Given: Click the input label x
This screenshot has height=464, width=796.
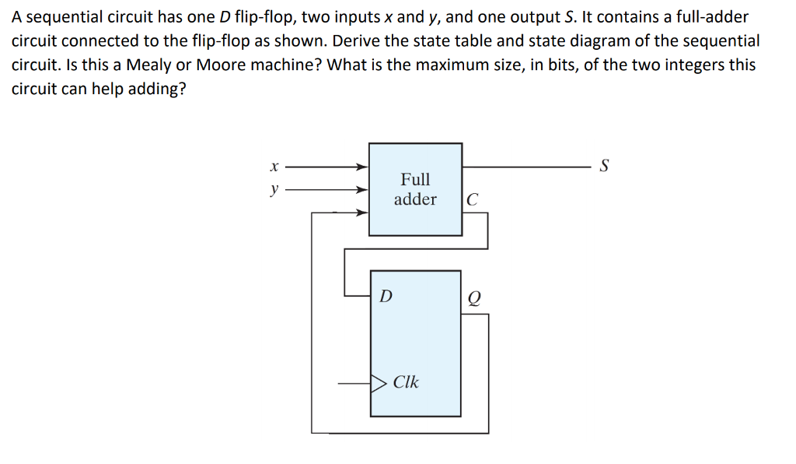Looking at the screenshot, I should coord(272,167).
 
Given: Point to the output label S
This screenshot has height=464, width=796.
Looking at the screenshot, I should coord(606,166).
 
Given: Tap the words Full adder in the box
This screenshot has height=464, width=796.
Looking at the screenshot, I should coord(415,189).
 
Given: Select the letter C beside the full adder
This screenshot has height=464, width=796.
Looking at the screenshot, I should coord(473,200).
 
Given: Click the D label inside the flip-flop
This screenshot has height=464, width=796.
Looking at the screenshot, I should coord(385,296).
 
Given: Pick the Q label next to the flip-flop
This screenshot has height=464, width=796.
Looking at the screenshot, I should coord(474,297).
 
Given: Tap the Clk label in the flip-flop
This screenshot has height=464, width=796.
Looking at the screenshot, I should coord(406,382).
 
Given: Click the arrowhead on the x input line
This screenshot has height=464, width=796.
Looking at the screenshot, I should coord(362,167).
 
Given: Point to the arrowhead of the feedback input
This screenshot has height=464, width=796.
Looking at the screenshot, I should coord(362,212).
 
